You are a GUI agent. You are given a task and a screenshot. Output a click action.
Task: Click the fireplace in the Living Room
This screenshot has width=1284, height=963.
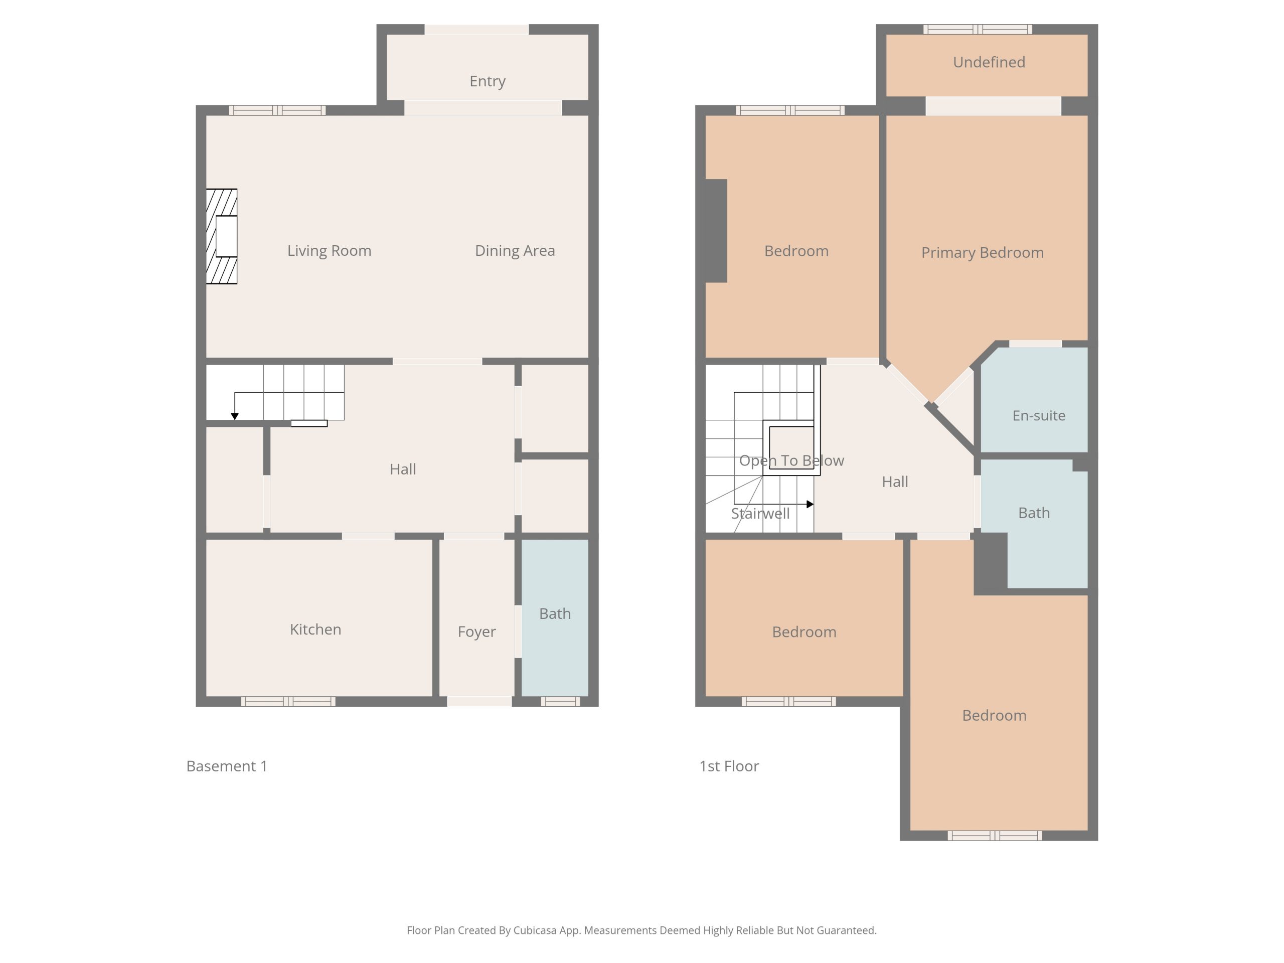tap(222, 236)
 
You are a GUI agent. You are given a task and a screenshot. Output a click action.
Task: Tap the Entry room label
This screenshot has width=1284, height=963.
tap(487, 81)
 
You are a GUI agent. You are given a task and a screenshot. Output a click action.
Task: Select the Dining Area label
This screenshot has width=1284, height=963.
tap(515, 251)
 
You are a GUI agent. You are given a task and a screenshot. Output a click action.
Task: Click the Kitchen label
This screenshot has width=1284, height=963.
tap(315, 629)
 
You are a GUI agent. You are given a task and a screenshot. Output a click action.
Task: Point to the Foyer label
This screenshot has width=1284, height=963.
tap(476, 631)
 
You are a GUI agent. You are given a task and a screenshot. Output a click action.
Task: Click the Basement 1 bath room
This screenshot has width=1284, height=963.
tap(555, 617)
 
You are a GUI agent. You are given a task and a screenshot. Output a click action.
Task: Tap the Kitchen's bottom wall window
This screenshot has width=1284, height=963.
tap(288, 701)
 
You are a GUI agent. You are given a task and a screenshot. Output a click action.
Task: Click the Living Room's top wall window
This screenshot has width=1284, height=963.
tap(277, 110)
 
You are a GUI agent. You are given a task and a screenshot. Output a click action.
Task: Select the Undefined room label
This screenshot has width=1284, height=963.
tap(989, 62)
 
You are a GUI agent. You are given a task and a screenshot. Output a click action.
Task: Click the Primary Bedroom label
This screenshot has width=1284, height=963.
tap(982, 252)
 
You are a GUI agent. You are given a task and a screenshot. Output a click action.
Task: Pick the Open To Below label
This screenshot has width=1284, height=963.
tap(791, 461)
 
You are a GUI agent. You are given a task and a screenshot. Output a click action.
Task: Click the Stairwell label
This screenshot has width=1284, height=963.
tap(760, 514)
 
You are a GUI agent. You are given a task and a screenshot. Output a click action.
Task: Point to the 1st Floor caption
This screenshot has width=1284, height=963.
tap(729, 766)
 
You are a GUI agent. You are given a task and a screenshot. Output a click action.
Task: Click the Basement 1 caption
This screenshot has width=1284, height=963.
tap(226, 766)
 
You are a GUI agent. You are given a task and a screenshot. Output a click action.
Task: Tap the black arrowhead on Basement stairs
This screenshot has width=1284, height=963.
tap(235, 416)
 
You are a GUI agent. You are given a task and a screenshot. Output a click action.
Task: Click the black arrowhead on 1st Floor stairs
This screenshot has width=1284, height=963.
tap(811, 504)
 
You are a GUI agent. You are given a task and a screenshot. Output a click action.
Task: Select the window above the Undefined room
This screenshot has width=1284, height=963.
tap(978, 29)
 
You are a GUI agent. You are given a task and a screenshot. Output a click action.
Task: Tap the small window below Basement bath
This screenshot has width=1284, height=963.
tap(560, 701)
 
